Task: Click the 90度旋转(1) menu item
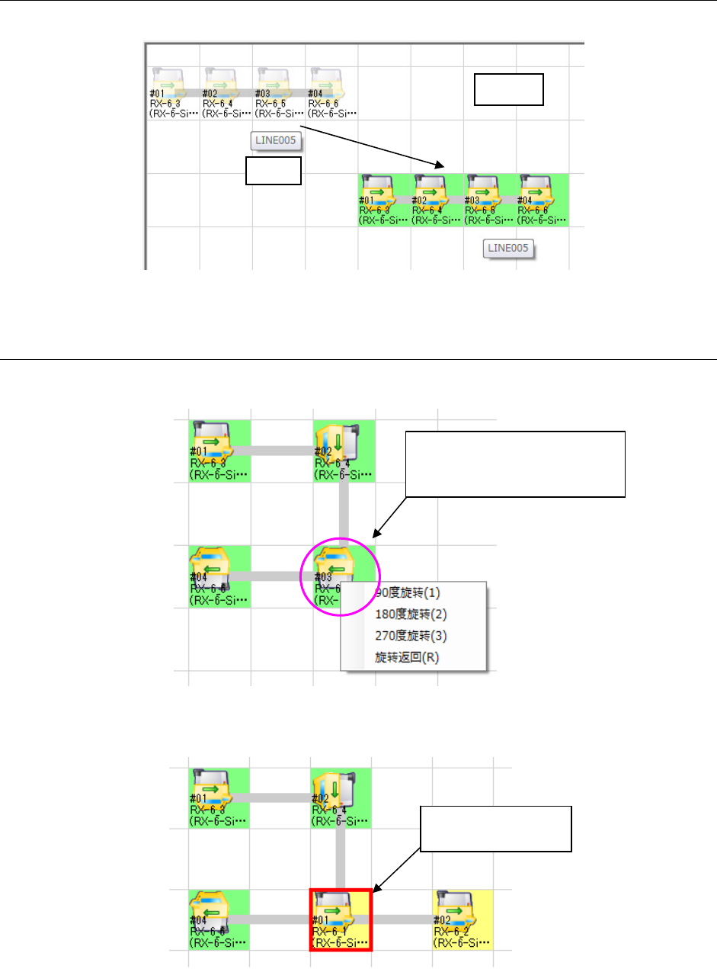coord(407,592)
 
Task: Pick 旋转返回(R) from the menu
coord(407,656)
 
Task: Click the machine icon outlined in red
coord(340,919)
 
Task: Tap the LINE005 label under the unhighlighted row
coord(277,140)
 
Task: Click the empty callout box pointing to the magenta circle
coord(516,464)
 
